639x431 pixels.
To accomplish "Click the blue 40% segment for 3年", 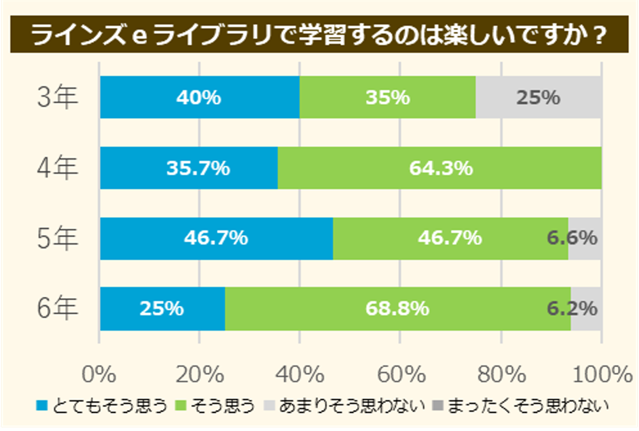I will pos(199,98).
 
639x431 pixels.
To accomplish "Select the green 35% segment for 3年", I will pos(387,98).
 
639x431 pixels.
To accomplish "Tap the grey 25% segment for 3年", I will pos(538,98).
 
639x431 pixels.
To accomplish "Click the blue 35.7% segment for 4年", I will pos(189,168).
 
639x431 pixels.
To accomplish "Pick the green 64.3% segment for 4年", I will pos(440,168).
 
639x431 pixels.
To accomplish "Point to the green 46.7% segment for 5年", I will pos(450,238).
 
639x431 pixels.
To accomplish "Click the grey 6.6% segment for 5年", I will pos(585,238).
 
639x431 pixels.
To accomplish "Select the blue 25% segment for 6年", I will pos(162,308).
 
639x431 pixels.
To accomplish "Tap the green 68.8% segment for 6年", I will pos(397,308).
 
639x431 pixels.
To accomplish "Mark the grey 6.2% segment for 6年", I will pos(586,308).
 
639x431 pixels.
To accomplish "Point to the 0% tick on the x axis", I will pos(99,373).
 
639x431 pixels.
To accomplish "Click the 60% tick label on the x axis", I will pos(400,373).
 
